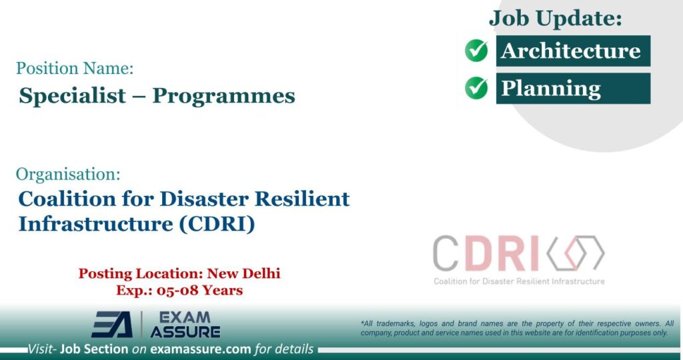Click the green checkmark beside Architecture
(x=476, y=51)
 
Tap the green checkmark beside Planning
(x=476, y=87)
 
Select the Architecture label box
(x=572, y=51)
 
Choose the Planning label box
(x=572, y=88)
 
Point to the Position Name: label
(x=75, y=68)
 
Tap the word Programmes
(x=223, y=96)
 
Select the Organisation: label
(x=68, y=175)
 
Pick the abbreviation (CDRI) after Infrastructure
(x=217, y=224)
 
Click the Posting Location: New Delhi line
(x=179, y=273)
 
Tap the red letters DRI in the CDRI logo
(x=502, y=253)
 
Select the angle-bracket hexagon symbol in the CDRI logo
(x=575, y=253)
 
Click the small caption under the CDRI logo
(x=519, y=281)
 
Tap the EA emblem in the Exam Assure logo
(x=111, y=325)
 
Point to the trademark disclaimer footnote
(x=517, y=328)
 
